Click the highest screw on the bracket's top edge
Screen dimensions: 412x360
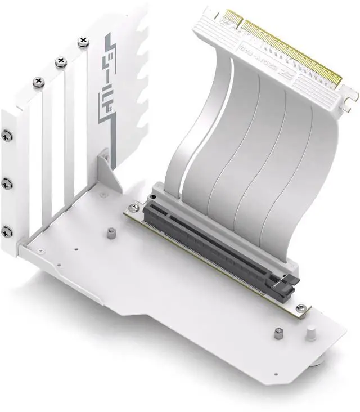point(84,41)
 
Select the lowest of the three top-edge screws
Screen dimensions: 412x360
point(38,82)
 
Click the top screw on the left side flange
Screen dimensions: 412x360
point(6,135)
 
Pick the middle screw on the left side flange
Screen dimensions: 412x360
point(6,183)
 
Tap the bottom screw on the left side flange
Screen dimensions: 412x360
point(6,230)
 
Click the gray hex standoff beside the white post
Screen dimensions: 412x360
point(278,333)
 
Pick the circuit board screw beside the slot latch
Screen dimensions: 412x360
point(301,308)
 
